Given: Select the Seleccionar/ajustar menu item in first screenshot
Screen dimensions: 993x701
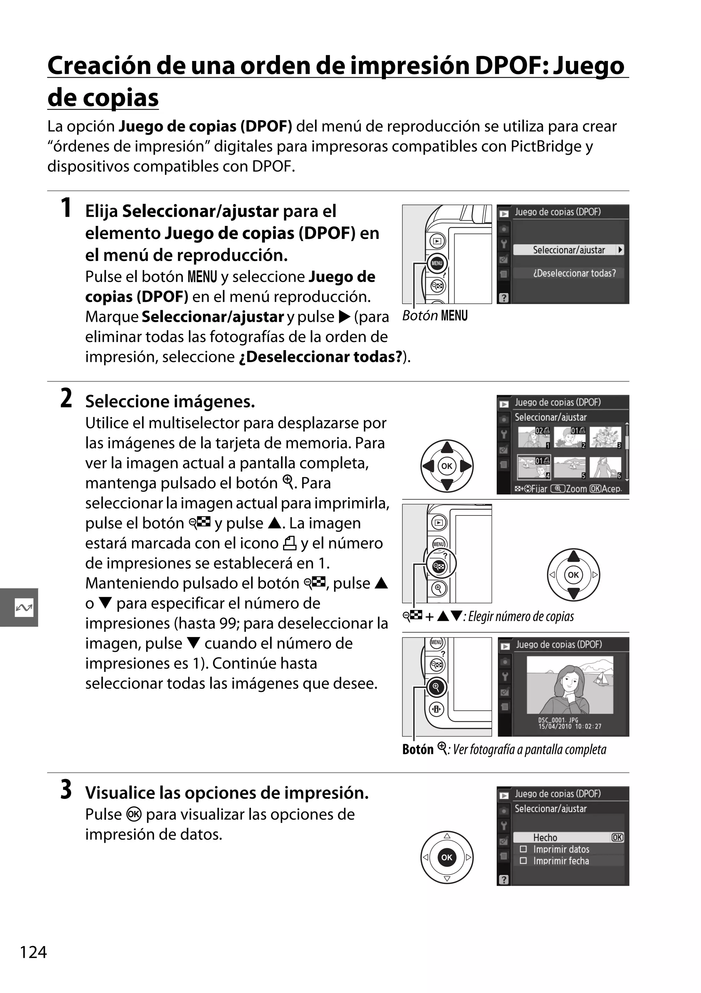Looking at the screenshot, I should pyautogui.click(x=568, y=250).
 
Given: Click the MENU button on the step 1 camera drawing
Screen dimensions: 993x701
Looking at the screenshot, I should pyautogui.click(x=437, y=263).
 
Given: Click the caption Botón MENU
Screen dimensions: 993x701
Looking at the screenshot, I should pyautogui.click(x=435, y=316).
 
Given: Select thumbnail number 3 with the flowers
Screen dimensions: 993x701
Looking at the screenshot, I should pyautogui.click(x=606, y=437).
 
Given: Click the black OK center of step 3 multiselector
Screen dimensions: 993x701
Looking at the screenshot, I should pyautogui.click(x=447, y=857).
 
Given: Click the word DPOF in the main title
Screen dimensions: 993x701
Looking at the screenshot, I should pyautogui.click(x=510, y=66).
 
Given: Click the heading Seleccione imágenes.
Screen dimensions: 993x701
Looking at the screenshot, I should pyautogui.click(x=170, y=402).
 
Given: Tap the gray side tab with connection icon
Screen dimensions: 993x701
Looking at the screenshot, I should pyautogui.click(x=20, y=607).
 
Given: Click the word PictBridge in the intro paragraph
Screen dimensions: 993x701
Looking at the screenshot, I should pyautogui.click(x=546, y=146).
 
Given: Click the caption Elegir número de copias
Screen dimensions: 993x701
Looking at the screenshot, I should pyautogui.click(x=521, y=616).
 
